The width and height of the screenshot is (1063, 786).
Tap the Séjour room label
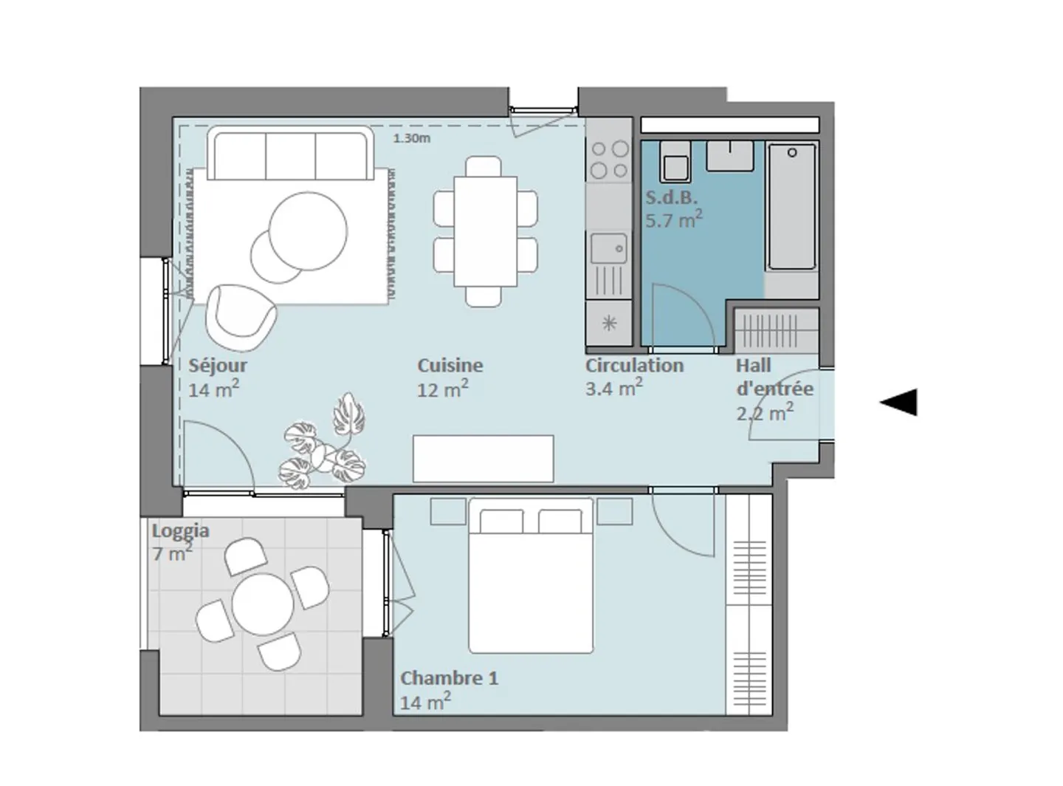pyautogui.click(x=218, y=366)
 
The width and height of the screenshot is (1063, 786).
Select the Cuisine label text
pyautogui.click(x=450, y=366)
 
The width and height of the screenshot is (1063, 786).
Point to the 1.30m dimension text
pyautogui.click(x=412, y=139)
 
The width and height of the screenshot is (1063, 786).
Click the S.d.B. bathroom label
pyautogui.click(x=671, y=197)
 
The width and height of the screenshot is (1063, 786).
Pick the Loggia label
pyautogui.click(x=181, y=530)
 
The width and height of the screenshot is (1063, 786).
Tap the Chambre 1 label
pyautogui.click(x=449, y=678)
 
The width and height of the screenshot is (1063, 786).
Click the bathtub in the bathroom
pyautogui.click(x=792, y=207)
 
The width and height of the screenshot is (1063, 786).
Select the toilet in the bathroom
pyautogui.click(x=675, y=162)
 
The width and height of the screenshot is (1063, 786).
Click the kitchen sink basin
pyautogui.click(x=608, y=248)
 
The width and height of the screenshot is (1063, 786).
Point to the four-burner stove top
pyautogui.click(x=609, y=160)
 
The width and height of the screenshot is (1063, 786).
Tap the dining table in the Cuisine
pyautogui.click(x=486, y=231)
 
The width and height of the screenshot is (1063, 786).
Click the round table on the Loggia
pyautogui.click(x=263, y=604)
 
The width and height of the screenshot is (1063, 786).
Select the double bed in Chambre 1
pyautogui.click(x=531, y=575)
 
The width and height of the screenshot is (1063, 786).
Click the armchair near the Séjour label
pyautogui.click(x=241, y=318)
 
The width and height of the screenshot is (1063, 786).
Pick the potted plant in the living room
pyautogui.click(x=323, y=442)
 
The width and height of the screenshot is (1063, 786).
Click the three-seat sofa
pyautogui.click(x=290, y=154)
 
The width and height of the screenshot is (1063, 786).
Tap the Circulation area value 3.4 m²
pyautogui.click(x=614, y=388)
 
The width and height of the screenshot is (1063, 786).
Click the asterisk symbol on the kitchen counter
pyautogui.click(x=609, y=323)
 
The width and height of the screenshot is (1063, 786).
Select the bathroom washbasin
pyautogui.click(x=730, y=155)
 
